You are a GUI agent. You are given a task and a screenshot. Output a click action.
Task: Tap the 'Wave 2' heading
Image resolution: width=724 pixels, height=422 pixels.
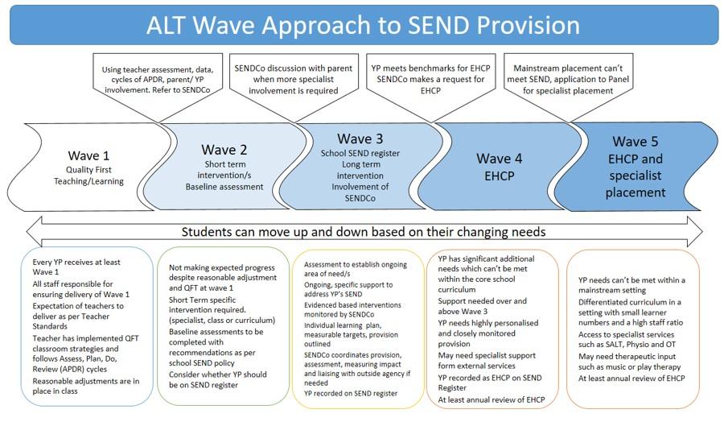[224, 149]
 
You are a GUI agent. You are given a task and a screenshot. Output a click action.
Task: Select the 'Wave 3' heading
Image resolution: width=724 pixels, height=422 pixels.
[365, 139]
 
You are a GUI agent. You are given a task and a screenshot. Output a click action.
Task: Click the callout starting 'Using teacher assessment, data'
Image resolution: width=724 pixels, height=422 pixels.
[154, 80]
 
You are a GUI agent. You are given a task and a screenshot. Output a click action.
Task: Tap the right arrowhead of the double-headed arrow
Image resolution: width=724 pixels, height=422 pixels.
[693, 231]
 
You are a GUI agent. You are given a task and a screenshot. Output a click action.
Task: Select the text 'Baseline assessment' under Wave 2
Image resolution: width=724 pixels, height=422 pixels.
[224, 187]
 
